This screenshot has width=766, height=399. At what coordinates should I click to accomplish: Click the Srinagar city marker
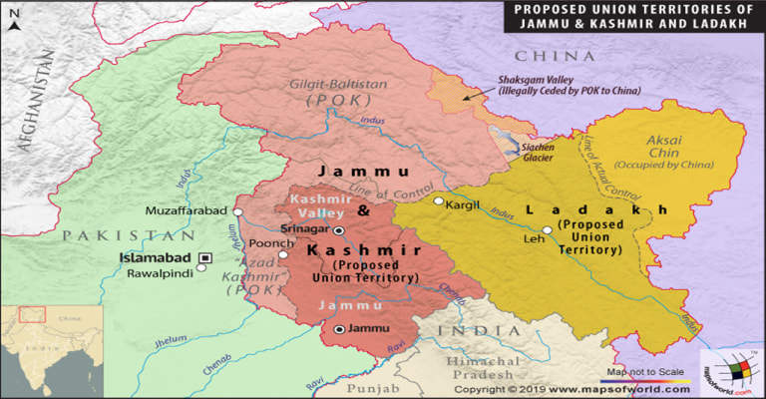tap(338, 229)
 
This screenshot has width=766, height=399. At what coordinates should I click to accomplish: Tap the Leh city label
tap(534, 239)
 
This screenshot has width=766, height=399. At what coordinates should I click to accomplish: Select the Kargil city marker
tap(438, 201)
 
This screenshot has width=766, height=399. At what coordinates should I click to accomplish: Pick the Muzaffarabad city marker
tap(237, 211)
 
